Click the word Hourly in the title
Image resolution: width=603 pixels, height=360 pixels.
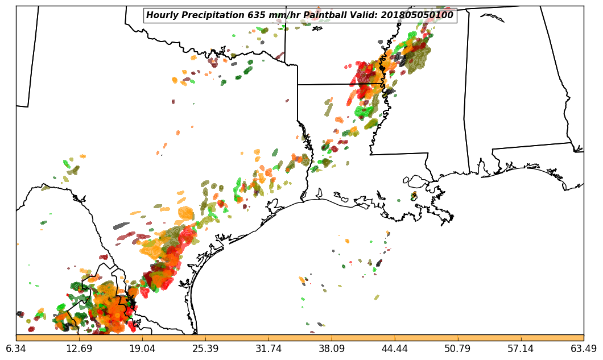point(160,15)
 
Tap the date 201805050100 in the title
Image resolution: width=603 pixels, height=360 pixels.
point(418,15)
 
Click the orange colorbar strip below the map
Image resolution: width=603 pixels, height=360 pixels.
point(300,338)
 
